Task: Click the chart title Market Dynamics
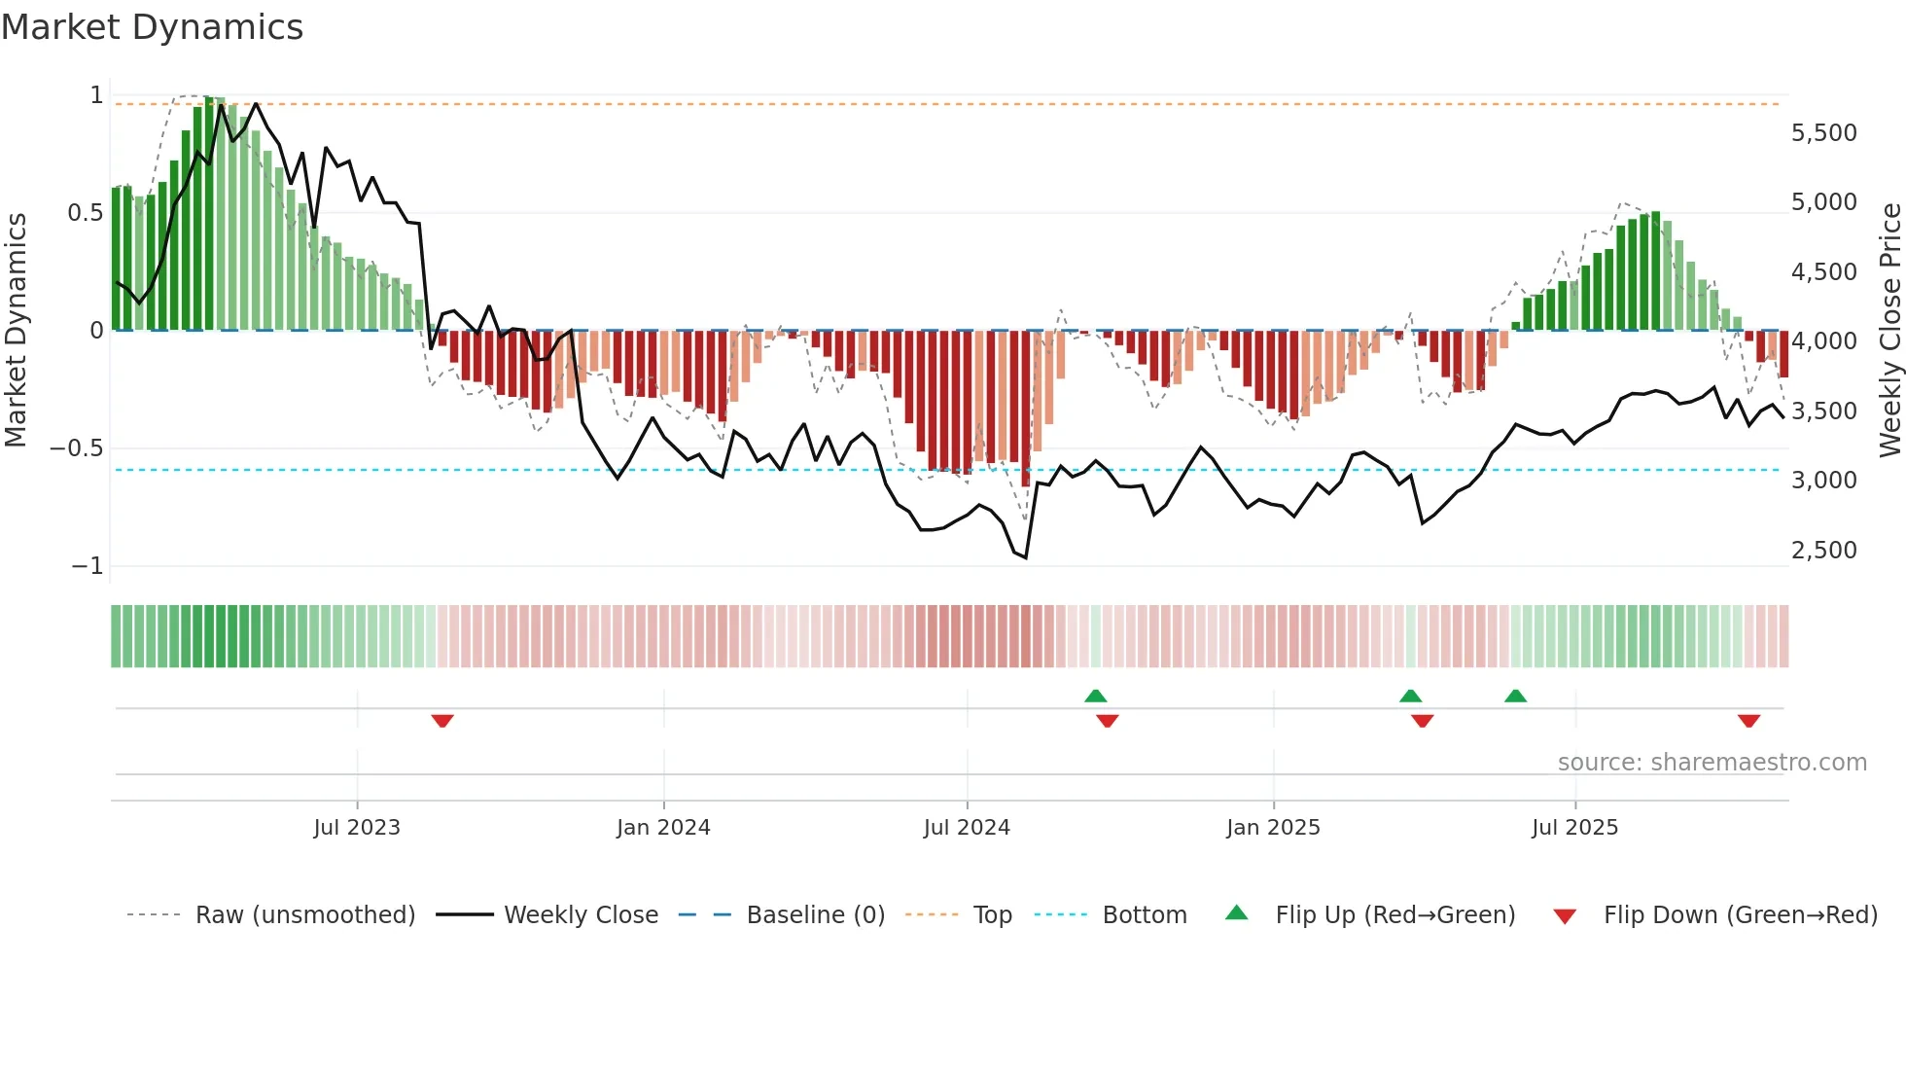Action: [x=152, y=27]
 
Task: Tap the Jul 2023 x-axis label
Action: [x=356, y=828]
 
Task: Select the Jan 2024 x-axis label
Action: [x=663, y=828]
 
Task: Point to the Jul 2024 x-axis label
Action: [x=967, y=828]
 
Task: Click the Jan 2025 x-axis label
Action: [x=1273, y=828]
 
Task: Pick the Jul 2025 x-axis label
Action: [x=1574, y=828]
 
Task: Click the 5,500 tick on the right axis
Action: [x=1823, y=133]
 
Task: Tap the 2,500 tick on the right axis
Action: [x=1823, y=551]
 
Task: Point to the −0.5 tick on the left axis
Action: [x=76, y=448]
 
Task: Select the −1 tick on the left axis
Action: [x=87, y=566]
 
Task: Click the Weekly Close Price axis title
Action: [x=1889, y=331]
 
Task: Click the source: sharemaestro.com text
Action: [x=1712, y=763]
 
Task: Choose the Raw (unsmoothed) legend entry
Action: [x=304, y=915]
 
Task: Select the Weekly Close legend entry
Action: [x=581, y=915]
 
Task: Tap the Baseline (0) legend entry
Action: [x=815, y=915]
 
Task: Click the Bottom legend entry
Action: [x=1144, y=915]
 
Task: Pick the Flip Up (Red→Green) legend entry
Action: [x=1394, y=915]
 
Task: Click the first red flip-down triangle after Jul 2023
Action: [x=442, y=721]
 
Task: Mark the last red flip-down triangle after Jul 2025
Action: [x=1748, y=721]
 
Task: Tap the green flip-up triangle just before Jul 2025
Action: [x=1515, y=696]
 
